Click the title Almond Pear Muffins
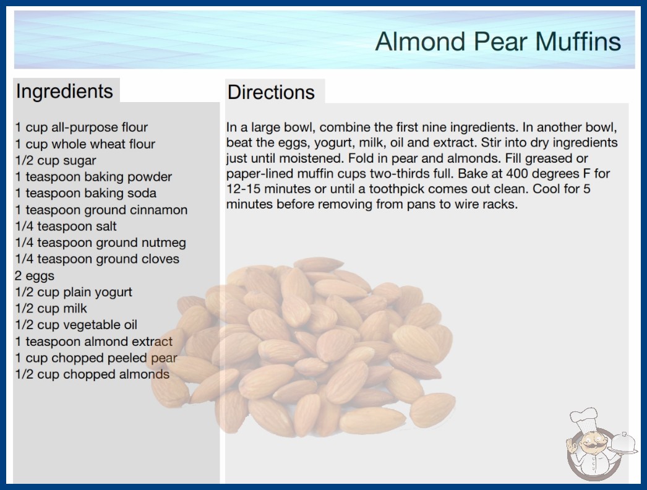(x=498, y=41)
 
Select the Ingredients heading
(x=64, y=91)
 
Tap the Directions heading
(x=271, y=92)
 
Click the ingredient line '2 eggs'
(x=35, y=275)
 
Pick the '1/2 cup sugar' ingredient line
(x=56, y=160)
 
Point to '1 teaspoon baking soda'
(x=86, y=193)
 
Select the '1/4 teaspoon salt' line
(x=66, y=226)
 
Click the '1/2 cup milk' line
(x=51, y=308)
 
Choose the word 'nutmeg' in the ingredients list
(x=164, y=243)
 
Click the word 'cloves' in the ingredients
(x=160, y=259)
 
